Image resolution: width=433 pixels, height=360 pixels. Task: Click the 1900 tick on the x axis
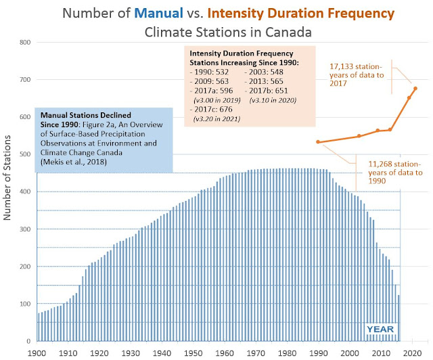tap(38, 353)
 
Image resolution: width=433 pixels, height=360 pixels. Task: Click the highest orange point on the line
tap(415, 89)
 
